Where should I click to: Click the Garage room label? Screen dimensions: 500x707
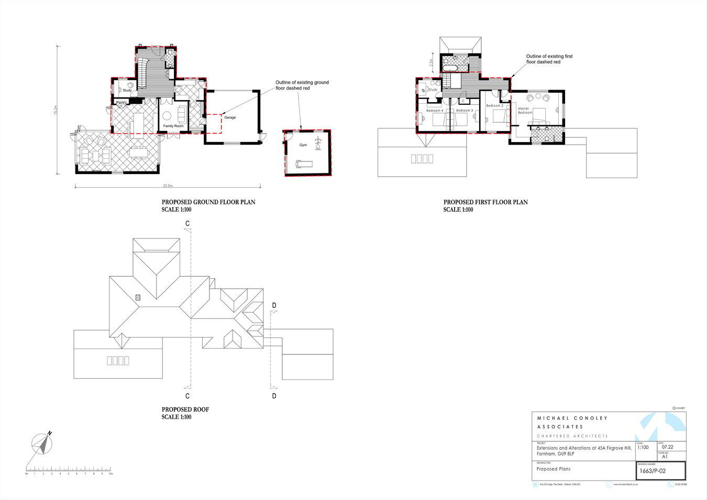(x=230, y=117)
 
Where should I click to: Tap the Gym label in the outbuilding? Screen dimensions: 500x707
(x=303, y=145)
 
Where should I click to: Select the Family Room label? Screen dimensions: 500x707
(x=173, y=126)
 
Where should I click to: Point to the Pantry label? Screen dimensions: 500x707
(x=121, y=102)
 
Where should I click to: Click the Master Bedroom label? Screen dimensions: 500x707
(x=525, y=111)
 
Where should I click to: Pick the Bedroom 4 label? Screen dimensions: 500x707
(x=435, y=111)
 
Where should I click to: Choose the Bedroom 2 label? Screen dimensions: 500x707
(x=494, y=105)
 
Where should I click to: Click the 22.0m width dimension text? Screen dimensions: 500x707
(x=168, y=186)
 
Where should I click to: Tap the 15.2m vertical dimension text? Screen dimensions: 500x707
(x=55, y=111)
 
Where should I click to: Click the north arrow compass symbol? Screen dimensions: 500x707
(x=42, y=444)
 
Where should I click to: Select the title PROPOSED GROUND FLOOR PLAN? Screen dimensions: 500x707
(x=208, y=202)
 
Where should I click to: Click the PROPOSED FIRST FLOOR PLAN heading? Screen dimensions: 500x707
(x=485, y=202)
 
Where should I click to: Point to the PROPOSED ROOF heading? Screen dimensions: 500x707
(x=185, y=410)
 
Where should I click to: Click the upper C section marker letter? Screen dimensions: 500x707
(x=187, y=224)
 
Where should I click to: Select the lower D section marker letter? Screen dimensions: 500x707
(x=274, y=396)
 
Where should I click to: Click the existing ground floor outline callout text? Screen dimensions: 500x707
(x=302, y=85)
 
